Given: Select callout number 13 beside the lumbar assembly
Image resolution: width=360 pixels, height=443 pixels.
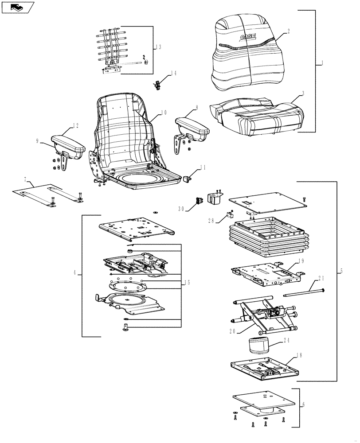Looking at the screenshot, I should tap(159, 47).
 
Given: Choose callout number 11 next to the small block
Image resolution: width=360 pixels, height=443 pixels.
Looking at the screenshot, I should tap(203, 167).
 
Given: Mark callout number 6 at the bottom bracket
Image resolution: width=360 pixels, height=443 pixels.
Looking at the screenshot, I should tap(303, 405).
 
